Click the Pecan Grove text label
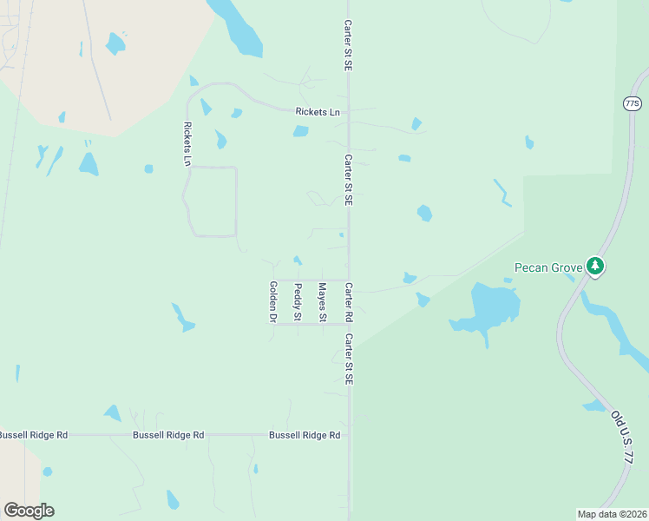pos(548,267)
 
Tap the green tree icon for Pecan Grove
pos(594,266)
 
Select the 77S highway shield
pos(632,103)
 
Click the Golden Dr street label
pos(272,301)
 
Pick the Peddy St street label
pos(298,301)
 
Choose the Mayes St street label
pos(322,301)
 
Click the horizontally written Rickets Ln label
pos(318,112)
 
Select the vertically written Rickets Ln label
pos(187,143)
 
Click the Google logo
pos(29,511)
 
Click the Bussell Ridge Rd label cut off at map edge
pos(33,434)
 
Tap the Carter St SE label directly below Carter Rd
pos(349,359)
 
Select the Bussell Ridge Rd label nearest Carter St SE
pos(304,434)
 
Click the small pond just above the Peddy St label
pos(298,260)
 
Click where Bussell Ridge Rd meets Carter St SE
pos(349,434)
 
